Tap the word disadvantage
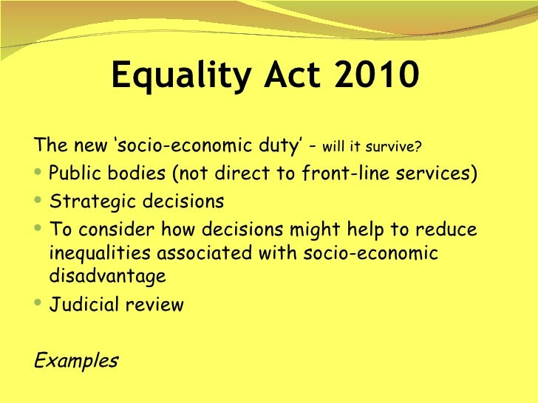[x=107, y=278]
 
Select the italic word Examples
[x=76, y=361]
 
